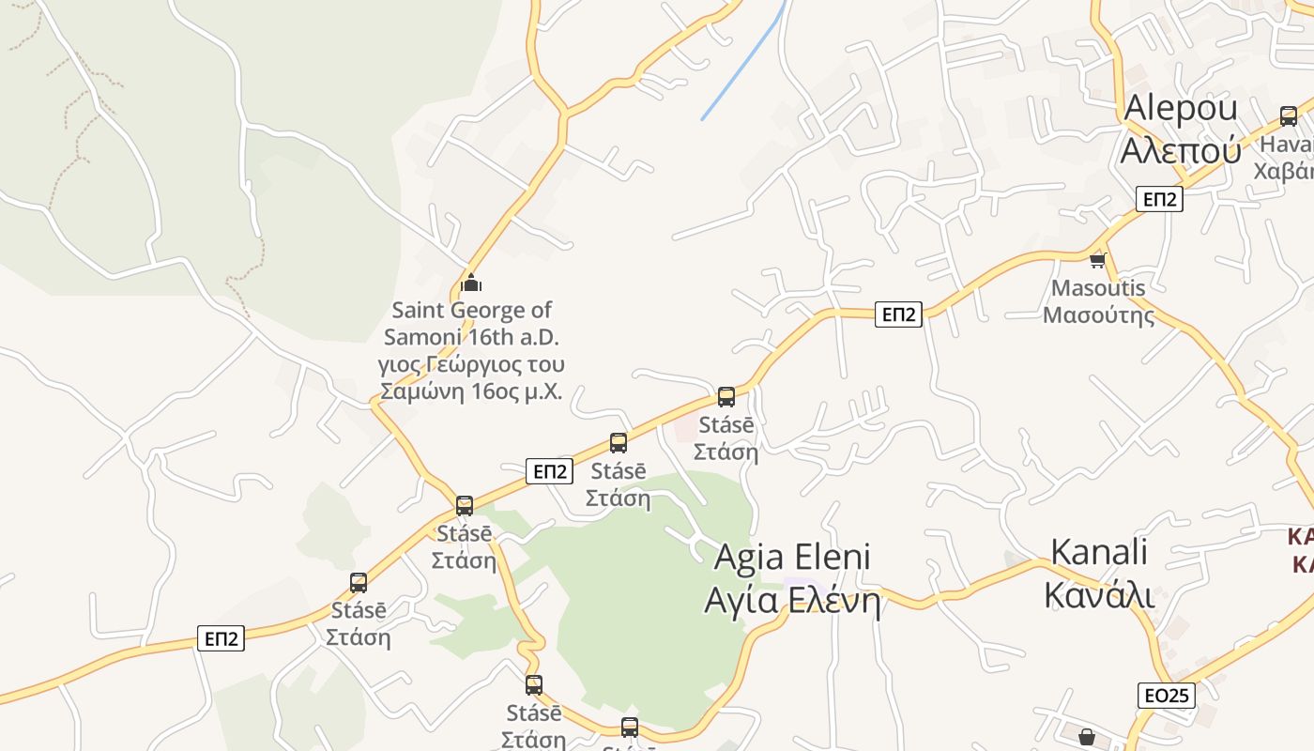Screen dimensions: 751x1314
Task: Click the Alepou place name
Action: (x=1181, y=108)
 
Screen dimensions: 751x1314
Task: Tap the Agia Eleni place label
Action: (x=792, y=557)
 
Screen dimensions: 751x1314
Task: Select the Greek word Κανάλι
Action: (x=1099, y=594)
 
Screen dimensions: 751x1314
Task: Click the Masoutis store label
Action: (x=1098, y=288)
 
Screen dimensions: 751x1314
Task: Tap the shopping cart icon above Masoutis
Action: (x=1097, y=260)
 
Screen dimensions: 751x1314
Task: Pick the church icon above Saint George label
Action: (x=471, y=282)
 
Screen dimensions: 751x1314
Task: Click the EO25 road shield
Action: (x=1168, y=696)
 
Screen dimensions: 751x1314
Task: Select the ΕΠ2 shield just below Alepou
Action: (x=1159, y=199)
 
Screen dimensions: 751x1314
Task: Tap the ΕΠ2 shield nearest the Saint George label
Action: (x=549, y=471)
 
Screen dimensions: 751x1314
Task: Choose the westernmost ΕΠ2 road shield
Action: (x=222, y=639)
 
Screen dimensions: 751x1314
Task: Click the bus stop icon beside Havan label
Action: (x=1289, y=116)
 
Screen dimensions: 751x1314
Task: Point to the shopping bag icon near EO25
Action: (x=1086, y=737)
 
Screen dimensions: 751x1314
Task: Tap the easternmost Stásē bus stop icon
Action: (x=726, y=397)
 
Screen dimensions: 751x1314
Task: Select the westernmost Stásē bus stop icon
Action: (x=359, y=583)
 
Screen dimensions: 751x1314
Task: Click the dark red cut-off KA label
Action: (x=1301, y=550)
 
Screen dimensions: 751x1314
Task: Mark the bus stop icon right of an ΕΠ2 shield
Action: (x=619, y=443)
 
